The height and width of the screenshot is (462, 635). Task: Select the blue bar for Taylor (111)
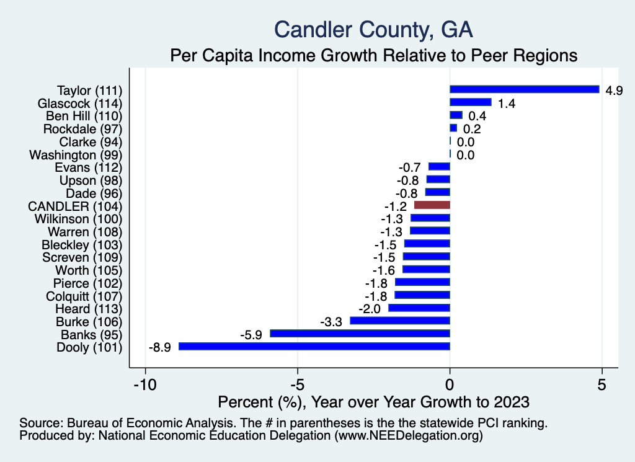524,89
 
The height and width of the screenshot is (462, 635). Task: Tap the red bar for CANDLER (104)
432,205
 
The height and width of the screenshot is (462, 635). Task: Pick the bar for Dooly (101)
314,347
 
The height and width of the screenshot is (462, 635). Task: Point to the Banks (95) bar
360,334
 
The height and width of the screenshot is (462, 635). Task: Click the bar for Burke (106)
400,321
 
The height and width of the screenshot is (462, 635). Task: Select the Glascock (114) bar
470,102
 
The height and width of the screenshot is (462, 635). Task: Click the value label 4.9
614,91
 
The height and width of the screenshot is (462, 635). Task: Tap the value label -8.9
160,347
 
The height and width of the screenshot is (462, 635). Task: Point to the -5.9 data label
251,335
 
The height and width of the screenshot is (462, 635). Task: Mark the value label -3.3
331,322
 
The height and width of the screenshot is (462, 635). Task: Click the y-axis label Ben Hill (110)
84,116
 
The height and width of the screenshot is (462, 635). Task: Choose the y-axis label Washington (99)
76,154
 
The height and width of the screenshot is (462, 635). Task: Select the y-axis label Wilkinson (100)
79,219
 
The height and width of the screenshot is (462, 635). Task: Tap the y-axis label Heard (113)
89,309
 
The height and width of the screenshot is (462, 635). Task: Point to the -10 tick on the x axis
145,384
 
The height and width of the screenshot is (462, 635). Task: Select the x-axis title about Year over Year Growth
374,402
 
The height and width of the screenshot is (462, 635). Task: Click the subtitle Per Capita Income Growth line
374,55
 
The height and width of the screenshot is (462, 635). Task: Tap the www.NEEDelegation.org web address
409,436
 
